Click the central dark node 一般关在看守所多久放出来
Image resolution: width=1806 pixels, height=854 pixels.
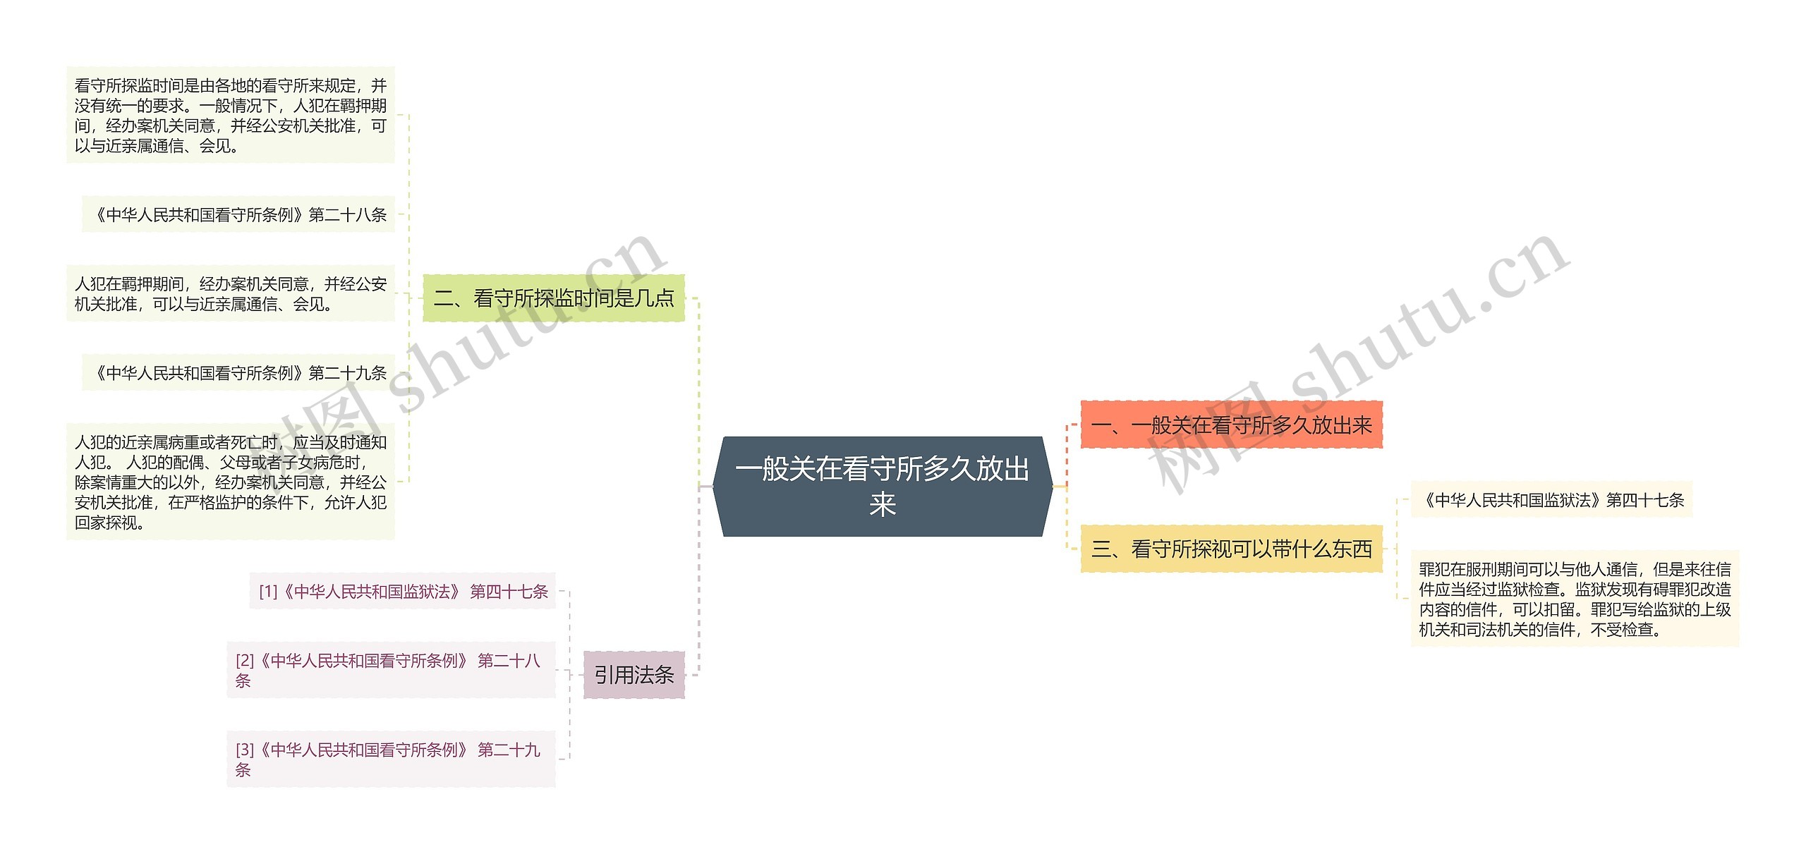point(882,486)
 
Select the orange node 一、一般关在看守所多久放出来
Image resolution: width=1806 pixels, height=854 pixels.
point(1231,425)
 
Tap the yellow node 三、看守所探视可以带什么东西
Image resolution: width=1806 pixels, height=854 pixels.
point(1231,549)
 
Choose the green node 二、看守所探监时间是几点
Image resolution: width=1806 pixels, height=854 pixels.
point(554,298)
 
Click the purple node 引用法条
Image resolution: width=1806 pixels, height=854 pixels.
point(634,676)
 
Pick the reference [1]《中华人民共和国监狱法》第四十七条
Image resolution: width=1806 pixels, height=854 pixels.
point(403,591)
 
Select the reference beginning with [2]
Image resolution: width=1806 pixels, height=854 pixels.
point(390,670)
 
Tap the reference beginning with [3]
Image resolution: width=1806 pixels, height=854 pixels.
point(390,759)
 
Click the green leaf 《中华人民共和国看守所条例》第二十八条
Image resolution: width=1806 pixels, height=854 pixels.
point(238,214)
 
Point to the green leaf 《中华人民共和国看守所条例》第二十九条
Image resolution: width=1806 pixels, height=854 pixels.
point(238,372)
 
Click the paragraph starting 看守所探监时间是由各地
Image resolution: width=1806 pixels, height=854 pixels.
point(231,115)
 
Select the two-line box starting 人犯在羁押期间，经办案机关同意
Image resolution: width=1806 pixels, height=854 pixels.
point(231,293)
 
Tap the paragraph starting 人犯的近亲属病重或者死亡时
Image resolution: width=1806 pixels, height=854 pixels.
point(231,482)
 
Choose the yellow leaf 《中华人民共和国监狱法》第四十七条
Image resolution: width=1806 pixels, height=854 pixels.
point(1551,500)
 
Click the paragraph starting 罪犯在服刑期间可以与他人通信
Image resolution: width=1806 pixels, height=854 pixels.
point(1575,599)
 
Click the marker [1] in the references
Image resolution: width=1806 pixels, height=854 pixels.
point(268,592)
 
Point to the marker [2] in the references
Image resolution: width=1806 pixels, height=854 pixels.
point(245,661)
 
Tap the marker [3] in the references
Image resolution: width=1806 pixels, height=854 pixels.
point(245,750)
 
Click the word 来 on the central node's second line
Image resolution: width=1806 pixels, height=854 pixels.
point(883,504)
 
